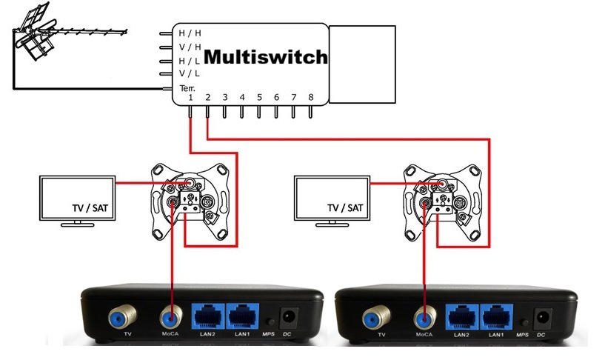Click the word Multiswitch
[x=265, y=57]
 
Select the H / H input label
[x=189, y=33]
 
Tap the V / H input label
[x=189, y=47]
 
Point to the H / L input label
[x=189, y=61]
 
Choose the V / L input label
[x=189, y=74]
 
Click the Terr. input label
[x=187, y=88]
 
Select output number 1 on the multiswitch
[x=190, y=98]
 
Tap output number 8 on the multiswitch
[x=311, y=98]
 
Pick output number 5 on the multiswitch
[x=259, y=98]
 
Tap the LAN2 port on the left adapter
[x=207, y=317]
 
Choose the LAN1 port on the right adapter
[x=496, y=317]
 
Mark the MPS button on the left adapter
[x=270, y=323]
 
